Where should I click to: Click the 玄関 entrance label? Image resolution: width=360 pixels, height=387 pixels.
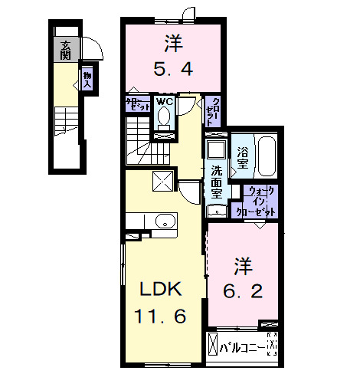tap(66, 51)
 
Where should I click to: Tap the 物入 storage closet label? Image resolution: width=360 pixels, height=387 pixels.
tap(87, 78)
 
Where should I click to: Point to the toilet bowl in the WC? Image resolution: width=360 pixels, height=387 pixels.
tap(163, 118)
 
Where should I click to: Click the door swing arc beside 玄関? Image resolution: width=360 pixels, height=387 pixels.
tap(93, 50)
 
